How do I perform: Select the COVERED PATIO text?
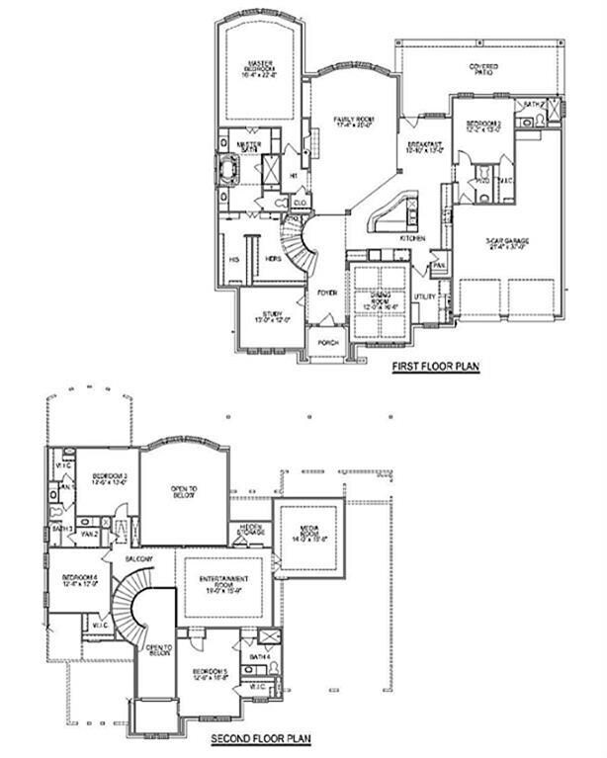pos(482,69)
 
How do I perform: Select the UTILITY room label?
pos(425,295)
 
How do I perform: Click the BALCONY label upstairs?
pos(137,560)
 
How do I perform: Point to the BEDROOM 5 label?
pos(210,674)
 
